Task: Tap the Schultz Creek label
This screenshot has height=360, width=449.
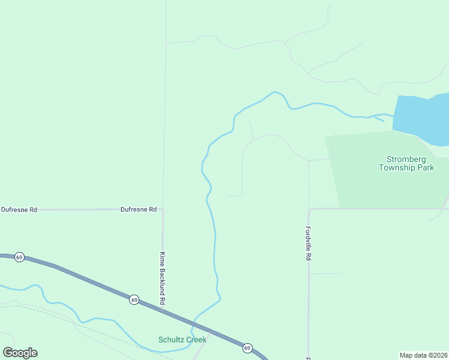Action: click(x=182, y=340)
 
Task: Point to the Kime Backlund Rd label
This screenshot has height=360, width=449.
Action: click(x=162, y=277)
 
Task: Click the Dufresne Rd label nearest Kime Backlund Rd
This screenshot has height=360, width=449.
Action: click(x=138, y=209)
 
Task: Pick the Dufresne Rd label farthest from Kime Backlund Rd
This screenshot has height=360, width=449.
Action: click(x=19, y=209)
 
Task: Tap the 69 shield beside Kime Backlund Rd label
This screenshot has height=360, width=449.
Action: click(x=134, y=299)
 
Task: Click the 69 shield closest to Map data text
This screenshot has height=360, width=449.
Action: click(x=247, y=348)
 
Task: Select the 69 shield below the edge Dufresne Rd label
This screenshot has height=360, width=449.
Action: click(x=19, y=257)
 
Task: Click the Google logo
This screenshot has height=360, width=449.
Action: click(x=20, y=353)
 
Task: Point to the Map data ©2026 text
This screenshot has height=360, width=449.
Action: click(x=424, y=355)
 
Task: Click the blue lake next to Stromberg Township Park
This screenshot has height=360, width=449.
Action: click(x=423, y=117)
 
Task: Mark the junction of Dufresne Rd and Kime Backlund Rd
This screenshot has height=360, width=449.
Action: click(x=163, y=209)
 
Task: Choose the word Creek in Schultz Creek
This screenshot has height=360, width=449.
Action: click(x=196, y=340)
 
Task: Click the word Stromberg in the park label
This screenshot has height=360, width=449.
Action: click(x=406, y=159)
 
